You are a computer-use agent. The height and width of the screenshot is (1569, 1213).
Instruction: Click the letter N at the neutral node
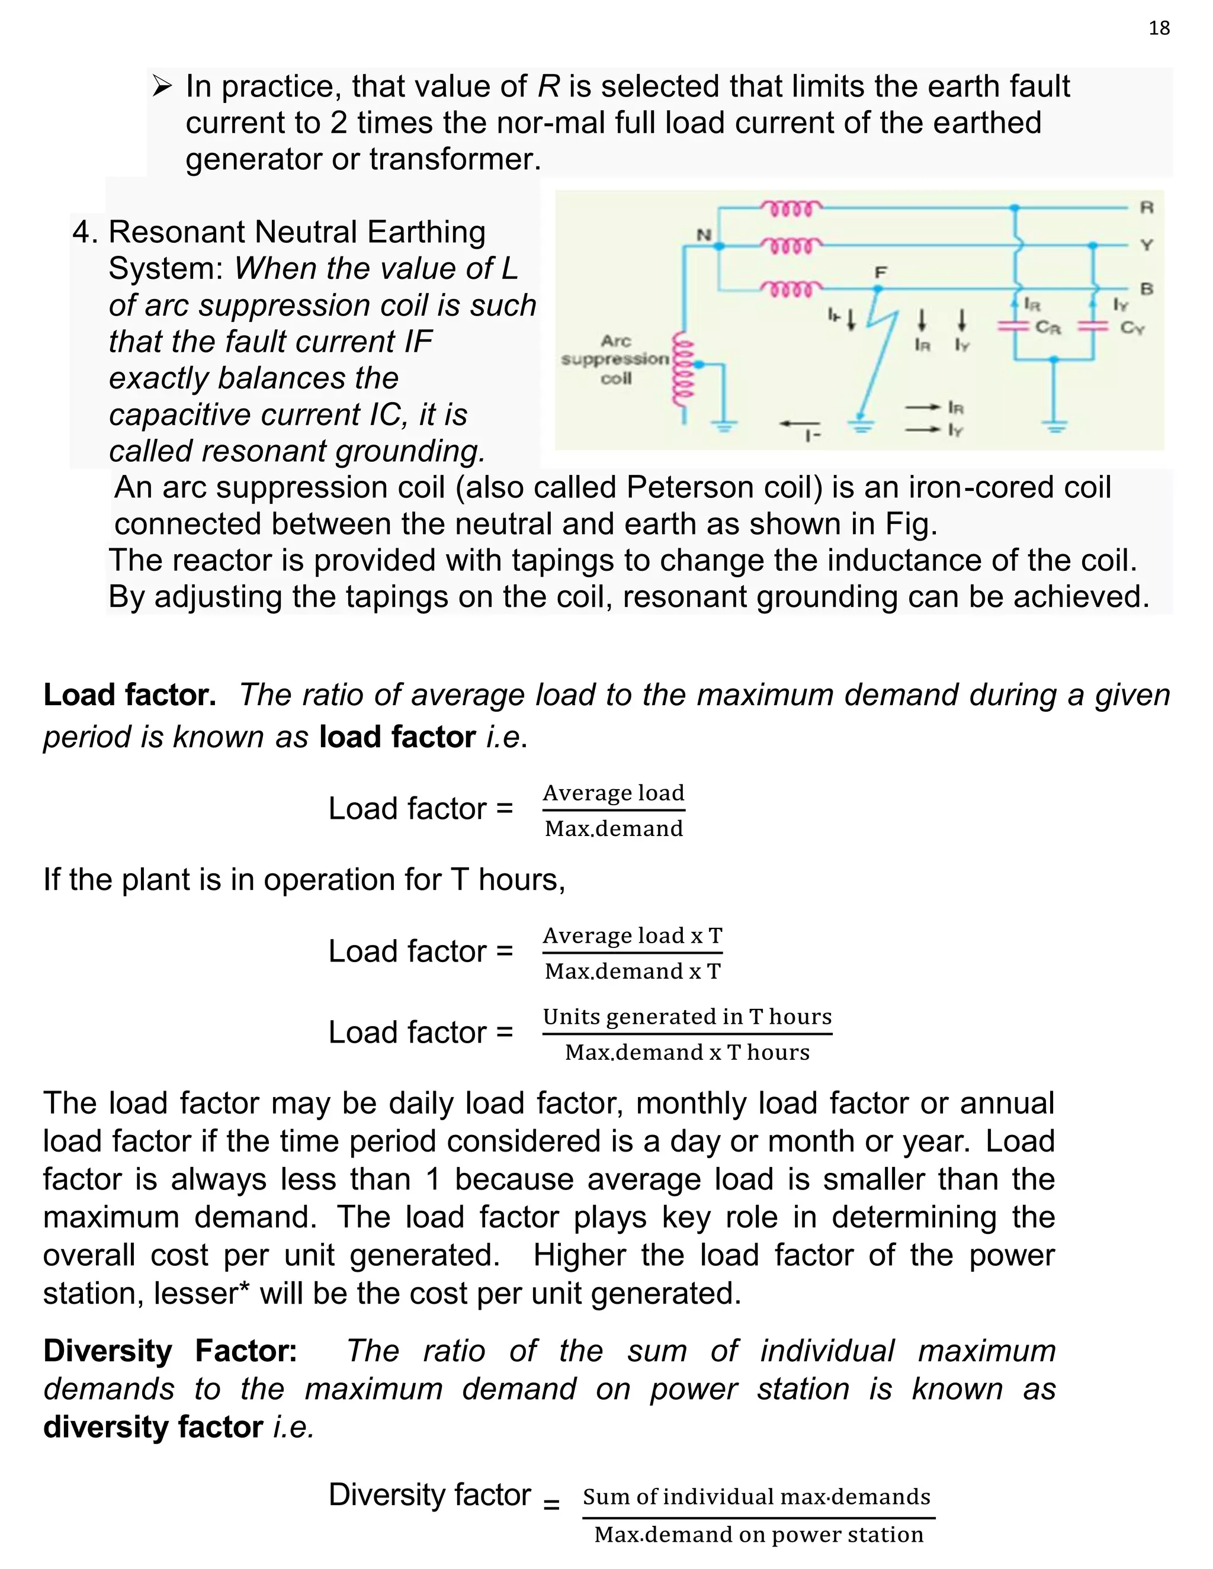click(704, 234)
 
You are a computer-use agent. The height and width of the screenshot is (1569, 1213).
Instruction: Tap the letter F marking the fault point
click(880, 272)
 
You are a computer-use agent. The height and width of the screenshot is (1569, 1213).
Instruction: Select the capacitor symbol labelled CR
click(1014, 326)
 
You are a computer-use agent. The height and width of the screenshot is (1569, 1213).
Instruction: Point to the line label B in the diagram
click(1146, 289)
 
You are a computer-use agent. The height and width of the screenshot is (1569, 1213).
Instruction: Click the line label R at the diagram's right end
click(1146, 208)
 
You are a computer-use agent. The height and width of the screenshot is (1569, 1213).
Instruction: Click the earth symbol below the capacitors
click(1054, 427)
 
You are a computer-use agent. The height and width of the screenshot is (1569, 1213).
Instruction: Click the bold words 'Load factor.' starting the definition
click(129, 695)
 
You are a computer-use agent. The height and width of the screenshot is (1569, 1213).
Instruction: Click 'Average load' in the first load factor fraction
click(613, 792)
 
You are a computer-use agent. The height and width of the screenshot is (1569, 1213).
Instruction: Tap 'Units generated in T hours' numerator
click(686, 1017)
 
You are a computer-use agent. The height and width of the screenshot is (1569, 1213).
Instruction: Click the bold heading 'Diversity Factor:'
click(171, 1351)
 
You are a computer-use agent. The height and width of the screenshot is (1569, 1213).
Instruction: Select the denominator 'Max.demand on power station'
click(758, 1535)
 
